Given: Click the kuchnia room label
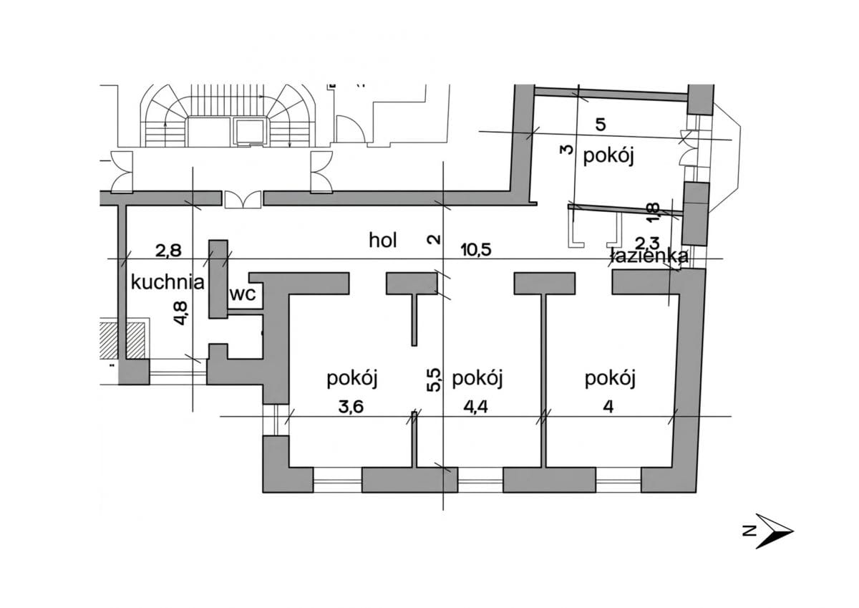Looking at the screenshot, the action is (168, 282).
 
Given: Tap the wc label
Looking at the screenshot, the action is (243, 294).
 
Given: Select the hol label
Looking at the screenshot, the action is (382, 241).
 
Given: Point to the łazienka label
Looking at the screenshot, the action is (649, 256).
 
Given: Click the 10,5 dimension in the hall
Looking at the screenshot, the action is (476, 250).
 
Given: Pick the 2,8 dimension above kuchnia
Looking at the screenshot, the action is (168, 251).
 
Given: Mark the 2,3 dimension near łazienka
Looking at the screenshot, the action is (647, 243).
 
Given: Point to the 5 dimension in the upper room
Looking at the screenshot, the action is (601, 125).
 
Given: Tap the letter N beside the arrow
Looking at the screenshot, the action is (749, 531).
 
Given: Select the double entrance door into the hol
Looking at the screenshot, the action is (243, 200).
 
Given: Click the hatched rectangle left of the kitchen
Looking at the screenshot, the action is (122, 341).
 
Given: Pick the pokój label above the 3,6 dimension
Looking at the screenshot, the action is (352, 379).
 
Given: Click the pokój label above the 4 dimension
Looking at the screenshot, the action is (610, 379).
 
